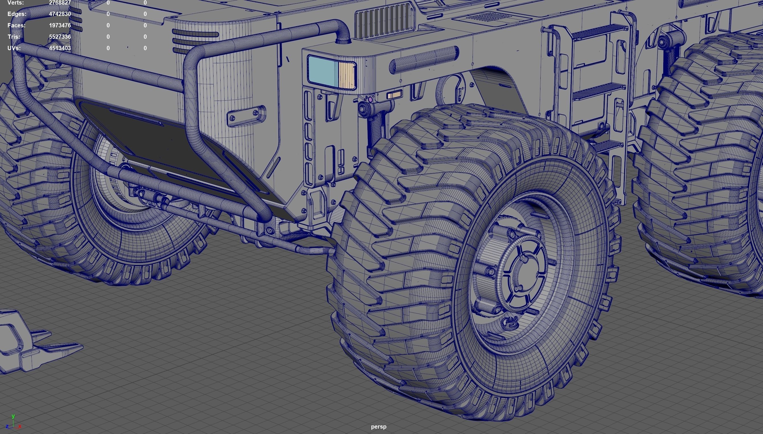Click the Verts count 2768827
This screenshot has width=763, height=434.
click(x=60, y=3)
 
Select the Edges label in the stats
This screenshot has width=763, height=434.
click(x=17, y=14)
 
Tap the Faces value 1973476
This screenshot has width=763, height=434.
click(x=60, y=25)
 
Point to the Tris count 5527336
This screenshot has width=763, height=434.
click(x=60, y=37)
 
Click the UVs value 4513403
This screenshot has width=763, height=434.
click(x=60, y=48)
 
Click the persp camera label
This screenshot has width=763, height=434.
click(x=379, y=427)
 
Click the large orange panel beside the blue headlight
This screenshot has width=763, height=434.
click(x=346, y=75)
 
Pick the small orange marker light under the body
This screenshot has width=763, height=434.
click(x=394, y=95)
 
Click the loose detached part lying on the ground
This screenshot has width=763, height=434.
click(x=33, y=343)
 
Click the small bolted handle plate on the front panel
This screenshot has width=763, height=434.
click(x=246, y=115)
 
